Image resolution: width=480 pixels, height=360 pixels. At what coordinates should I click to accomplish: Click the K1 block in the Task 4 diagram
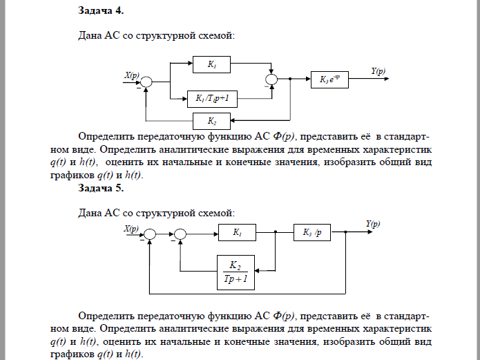pos(212,65)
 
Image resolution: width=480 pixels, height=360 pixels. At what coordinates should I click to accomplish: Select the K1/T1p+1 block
pos(212,100)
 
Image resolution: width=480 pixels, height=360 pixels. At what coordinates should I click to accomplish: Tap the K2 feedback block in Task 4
pos(212,121)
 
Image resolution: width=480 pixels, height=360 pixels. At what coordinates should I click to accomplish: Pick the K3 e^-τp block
pos(330,79)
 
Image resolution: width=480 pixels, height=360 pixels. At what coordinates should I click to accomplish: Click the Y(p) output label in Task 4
pos(378,71)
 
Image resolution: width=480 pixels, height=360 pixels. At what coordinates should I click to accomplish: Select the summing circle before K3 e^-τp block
pos(272,80)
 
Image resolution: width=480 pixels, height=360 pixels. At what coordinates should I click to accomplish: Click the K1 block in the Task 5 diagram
pos(237,233)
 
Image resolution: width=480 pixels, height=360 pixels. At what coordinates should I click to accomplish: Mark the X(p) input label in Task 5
pos(131,227)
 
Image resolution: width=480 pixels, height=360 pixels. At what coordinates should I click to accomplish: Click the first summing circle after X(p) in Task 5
pos(151,234)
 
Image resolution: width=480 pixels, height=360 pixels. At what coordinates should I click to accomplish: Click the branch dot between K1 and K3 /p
pos(276,234)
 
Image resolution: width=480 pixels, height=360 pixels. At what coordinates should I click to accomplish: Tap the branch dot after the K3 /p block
pos(344,234)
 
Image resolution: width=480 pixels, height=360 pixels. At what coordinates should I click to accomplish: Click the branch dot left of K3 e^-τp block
pos(291,79)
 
